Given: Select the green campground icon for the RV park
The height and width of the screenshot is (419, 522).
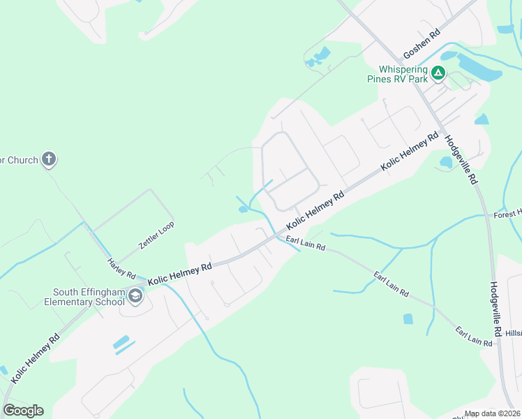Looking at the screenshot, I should pyautogui.click(x=438, y=72).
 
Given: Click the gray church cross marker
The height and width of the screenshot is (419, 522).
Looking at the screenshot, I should pyautogui.click(x=49, y=159).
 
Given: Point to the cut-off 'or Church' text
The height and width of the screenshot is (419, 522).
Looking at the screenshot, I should pyautogui.click(x=19, y=160).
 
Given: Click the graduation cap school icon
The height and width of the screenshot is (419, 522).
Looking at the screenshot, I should pyautogui.click(x=135, y=297).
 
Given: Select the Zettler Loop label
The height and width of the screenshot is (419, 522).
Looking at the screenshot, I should pyautogui.click(x=156, y=235).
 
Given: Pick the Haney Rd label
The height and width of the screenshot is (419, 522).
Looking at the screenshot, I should pyautogui.click(x=121, y=270).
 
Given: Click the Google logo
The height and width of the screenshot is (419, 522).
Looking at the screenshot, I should pyautogui.click(x=24, y=411).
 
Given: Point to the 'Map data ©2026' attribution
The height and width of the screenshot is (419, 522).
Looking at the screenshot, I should pyautogui.click(x=492, y=413).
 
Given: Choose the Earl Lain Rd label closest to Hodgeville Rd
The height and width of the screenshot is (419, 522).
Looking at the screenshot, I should pyautogui.click(x=474, y=335).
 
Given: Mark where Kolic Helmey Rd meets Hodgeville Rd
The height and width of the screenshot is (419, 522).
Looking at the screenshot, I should pyautogui.click(x=441, y=130).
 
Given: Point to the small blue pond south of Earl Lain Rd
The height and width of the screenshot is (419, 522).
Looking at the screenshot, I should pyautogui.click(x=408, y=318).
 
